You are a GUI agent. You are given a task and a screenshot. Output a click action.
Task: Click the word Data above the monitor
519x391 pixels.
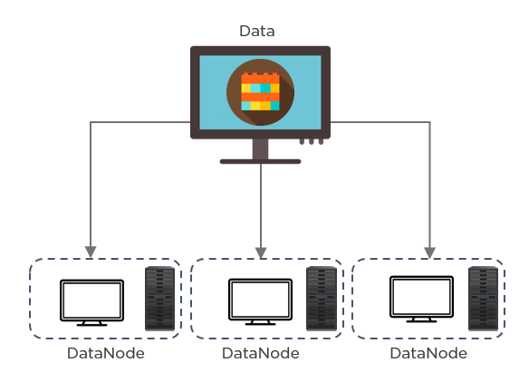click(x=256, y=32)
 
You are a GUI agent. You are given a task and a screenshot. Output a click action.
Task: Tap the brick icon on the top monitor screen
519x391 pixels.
click(x=260, y=91)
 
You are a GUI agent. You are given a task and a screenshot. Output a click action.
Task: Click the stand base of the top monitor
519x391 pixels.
click(x=260, y=161)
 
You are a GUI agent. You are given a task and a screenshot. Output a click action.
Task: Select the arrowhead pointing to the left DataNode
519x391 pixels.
click(x=90, y=251)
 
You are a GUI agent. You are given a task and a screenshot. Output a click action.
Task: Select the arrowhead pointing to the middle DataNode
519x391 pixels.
click(x=261, y=251)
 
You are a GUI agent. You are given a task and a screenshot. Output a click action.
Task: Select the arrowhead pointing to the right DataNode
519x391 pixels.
click(x=429, y=251)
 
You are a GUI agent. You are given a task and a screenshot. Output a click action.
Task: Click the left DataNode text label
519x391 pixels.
click(x=105, y=353)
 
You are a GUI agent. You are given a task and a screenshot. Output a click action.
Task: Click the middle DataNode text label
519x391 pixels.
click(x=260, y=353)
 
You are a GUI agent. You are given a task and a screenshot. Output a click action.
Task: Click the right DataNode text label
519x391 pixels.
click(x=428, y=353)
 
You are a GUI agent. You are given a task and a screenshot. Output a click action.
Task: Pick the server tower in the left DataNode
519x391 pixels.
click(x=159, y=299)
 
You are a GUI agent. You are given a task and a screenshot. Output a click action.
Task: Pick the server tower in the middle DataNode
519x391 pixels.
click(x=320, y=299)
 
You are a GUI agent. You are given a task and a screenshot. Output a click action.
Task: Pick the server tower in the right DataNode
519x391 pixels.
click(x=483, y=299)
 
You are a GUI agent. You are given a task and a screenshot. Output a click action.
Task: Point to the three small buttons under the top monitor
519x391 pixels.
click(x=311, y=142)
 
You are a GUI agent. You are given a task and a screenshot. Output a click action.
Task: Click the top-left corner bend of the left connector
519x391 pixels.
click(x=90, y=121)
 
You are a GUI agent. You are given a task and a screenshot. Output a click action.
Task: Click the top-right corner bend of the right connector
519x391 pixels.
click(x=429, y=121)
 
